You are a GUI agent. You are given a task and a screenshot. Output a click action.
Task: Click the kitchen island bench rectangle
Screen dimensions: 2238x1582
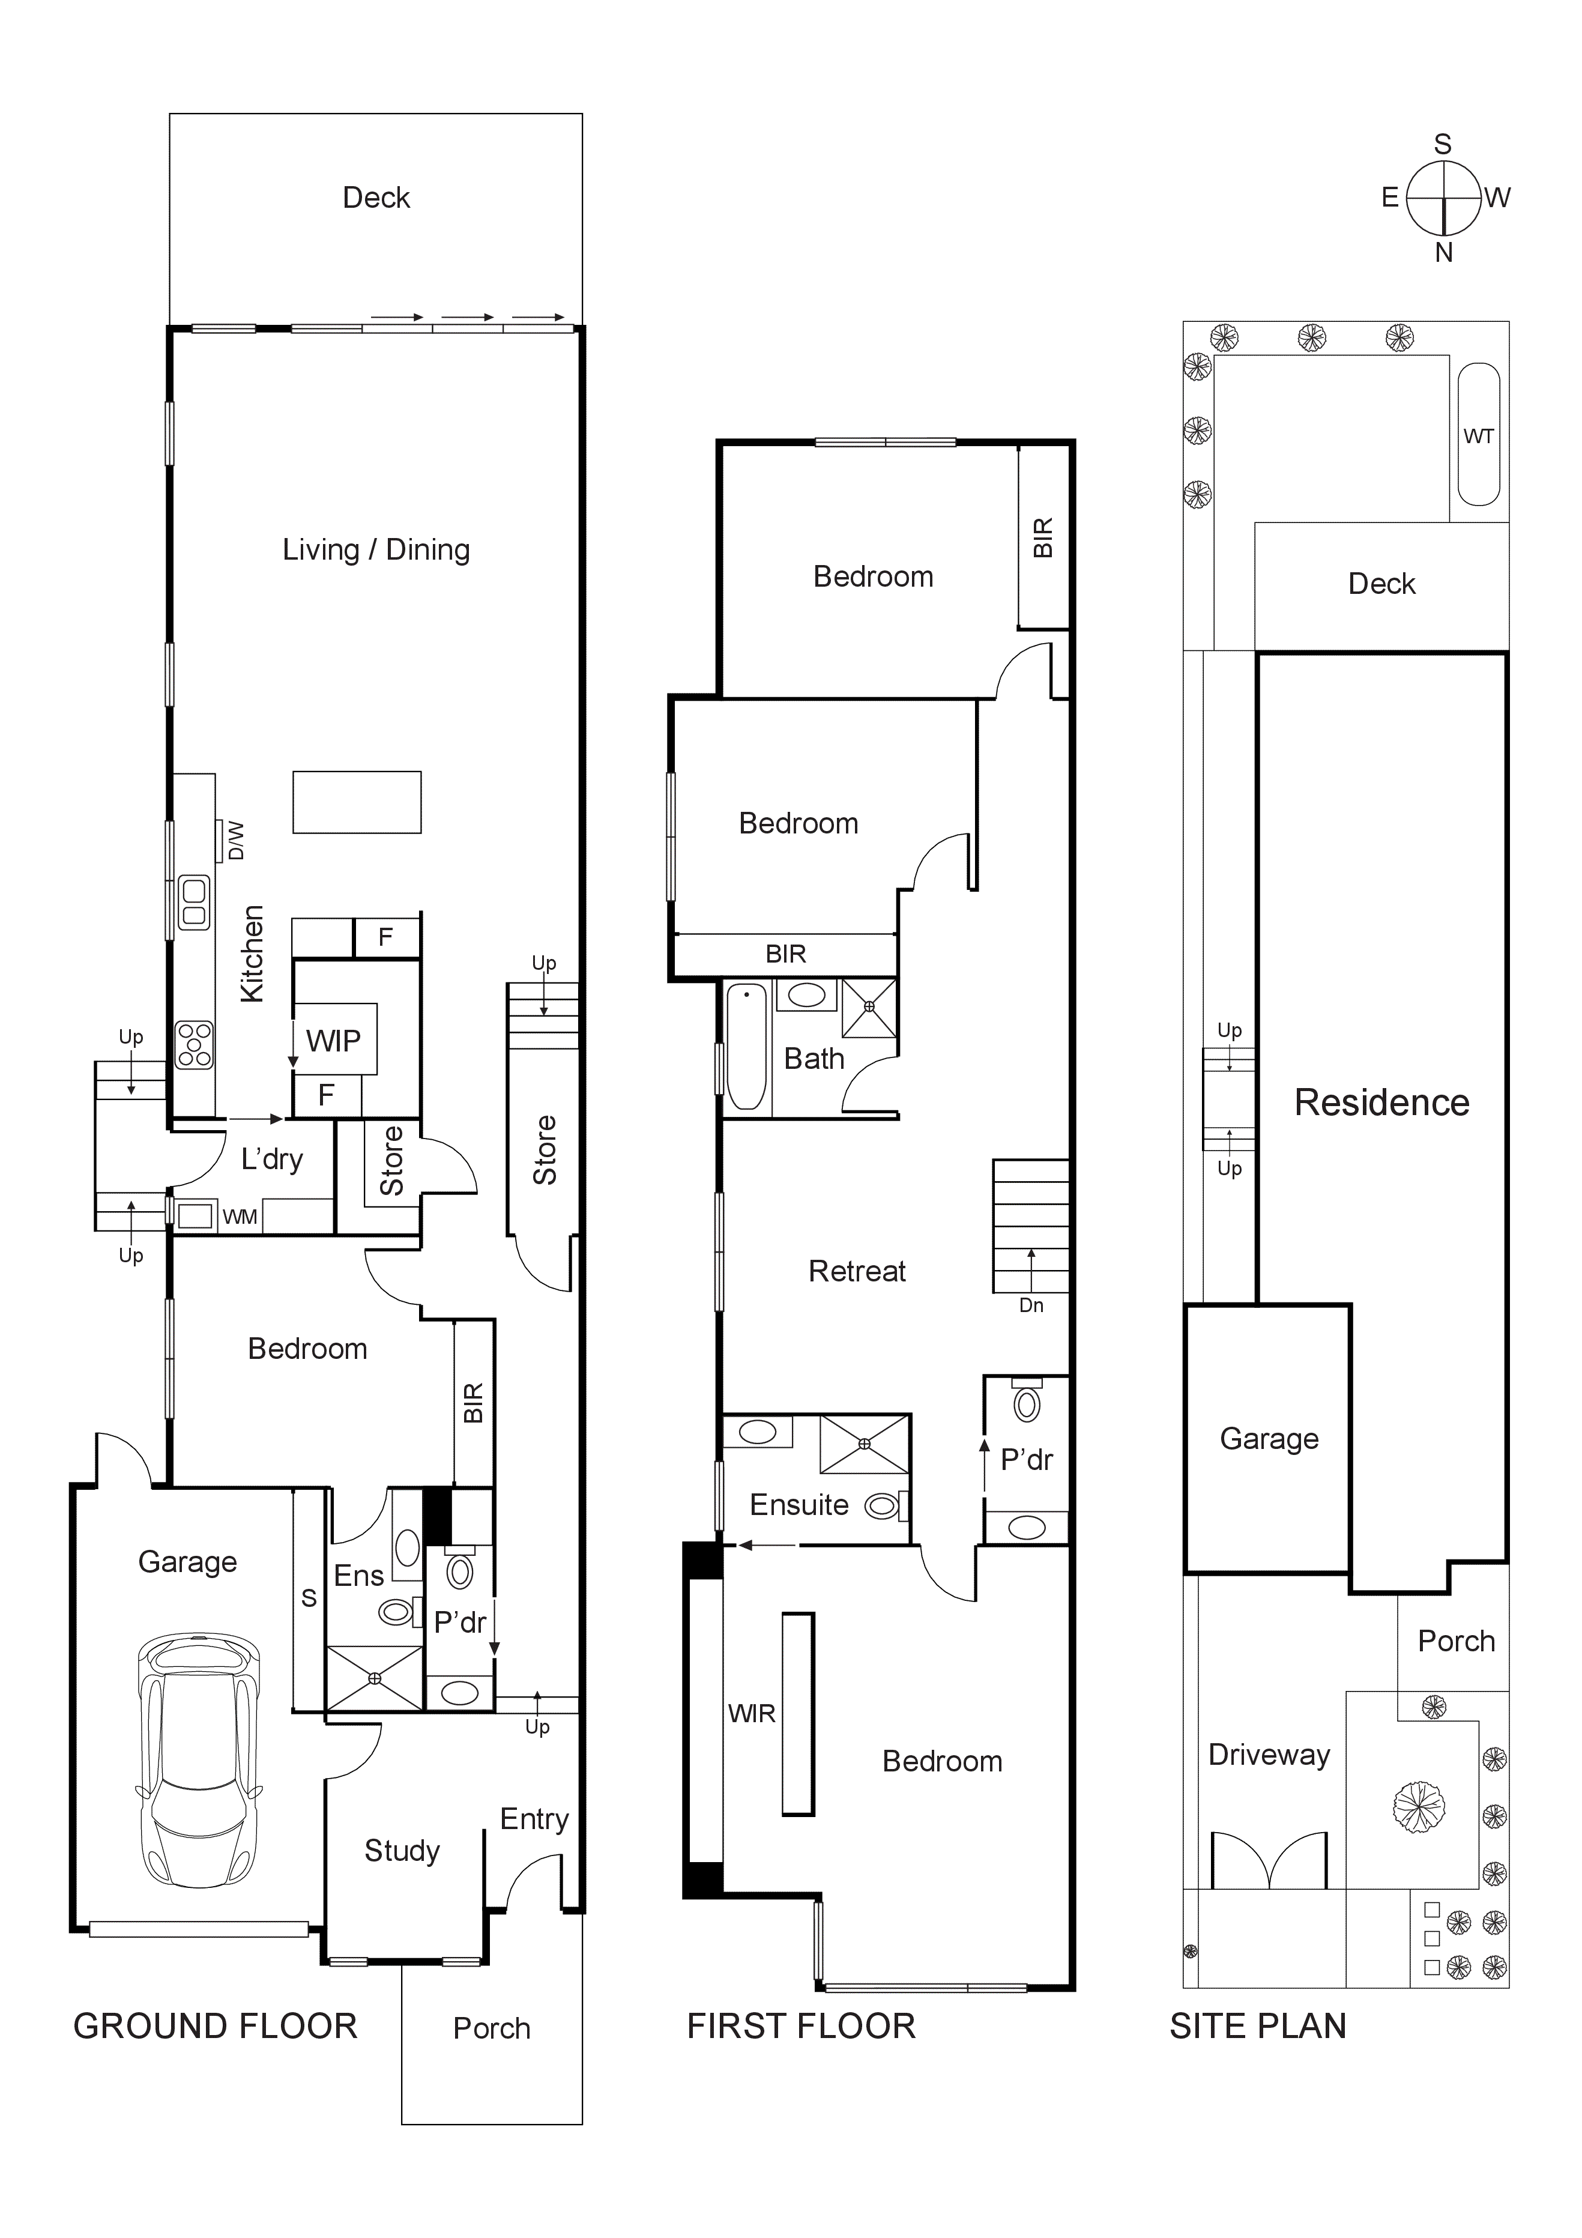(357, 802)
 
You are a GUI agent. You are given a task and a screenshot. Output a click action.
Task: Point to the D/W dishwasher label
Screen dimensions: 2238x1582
(235, 840)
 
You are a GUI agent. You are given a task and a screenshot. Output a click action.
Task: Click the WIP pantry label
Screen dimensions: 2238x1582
(333, 1041)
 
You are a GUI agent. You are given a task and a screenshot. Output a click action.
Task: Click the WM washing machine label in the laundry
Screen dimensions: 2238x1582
(240, 1217)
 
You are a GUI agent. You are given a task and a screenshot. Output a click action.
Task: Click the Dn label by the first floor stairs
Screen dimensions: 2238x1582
(1031, 1305)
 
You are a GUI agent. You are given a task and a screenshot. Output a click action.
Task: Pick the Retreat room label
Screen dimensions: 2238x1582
(857, 1271)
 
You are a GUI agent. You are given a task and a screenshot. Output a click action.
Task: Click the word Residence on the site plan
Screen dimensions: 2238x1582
(1381, 1102)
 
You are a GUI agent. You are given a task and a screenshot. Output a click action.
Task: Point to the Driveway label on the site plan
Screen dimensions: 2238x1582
(1269, 1755)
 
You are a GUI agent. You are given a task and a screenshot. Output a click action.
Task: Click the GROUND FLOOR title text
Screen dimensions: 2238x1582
(216, 2027)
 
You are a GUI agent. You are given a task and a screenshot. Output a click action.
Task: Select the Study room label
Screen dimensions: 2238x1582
(402, 1850)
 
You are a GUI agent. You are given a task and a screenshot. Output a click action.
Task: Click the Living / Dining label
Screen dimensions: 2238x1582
(376, 550)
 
